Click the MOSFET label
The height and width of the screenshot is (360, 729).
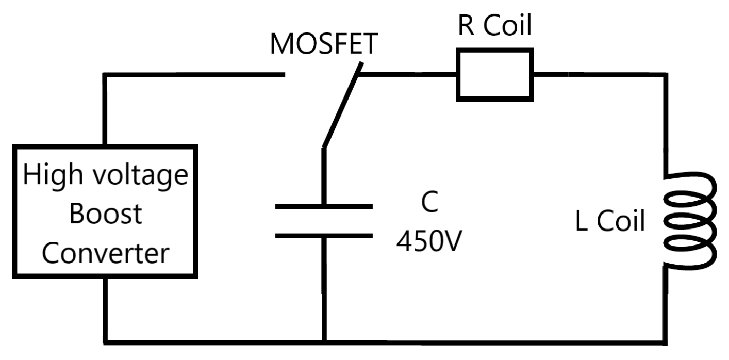pos(323,45)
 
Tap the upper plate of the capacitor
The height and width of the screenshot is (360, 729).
pos(324,206)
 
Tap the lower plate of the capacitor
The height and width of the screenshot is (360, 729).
pos(324,236)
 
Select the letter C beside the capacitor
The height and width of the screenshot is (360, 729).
pos(429,204)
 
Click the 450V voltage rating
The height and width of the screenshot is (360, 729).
pos(429,240)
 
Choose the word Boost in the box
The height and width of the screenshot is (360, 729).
pos(105,214)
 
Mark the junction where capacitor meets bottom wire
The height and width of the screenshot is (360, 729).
pos(324,341)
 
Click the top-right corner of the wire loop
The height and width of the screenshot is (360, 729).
pos(666,75)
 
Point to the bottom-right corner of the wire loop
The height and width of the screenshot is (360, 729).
pos(666,341)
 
